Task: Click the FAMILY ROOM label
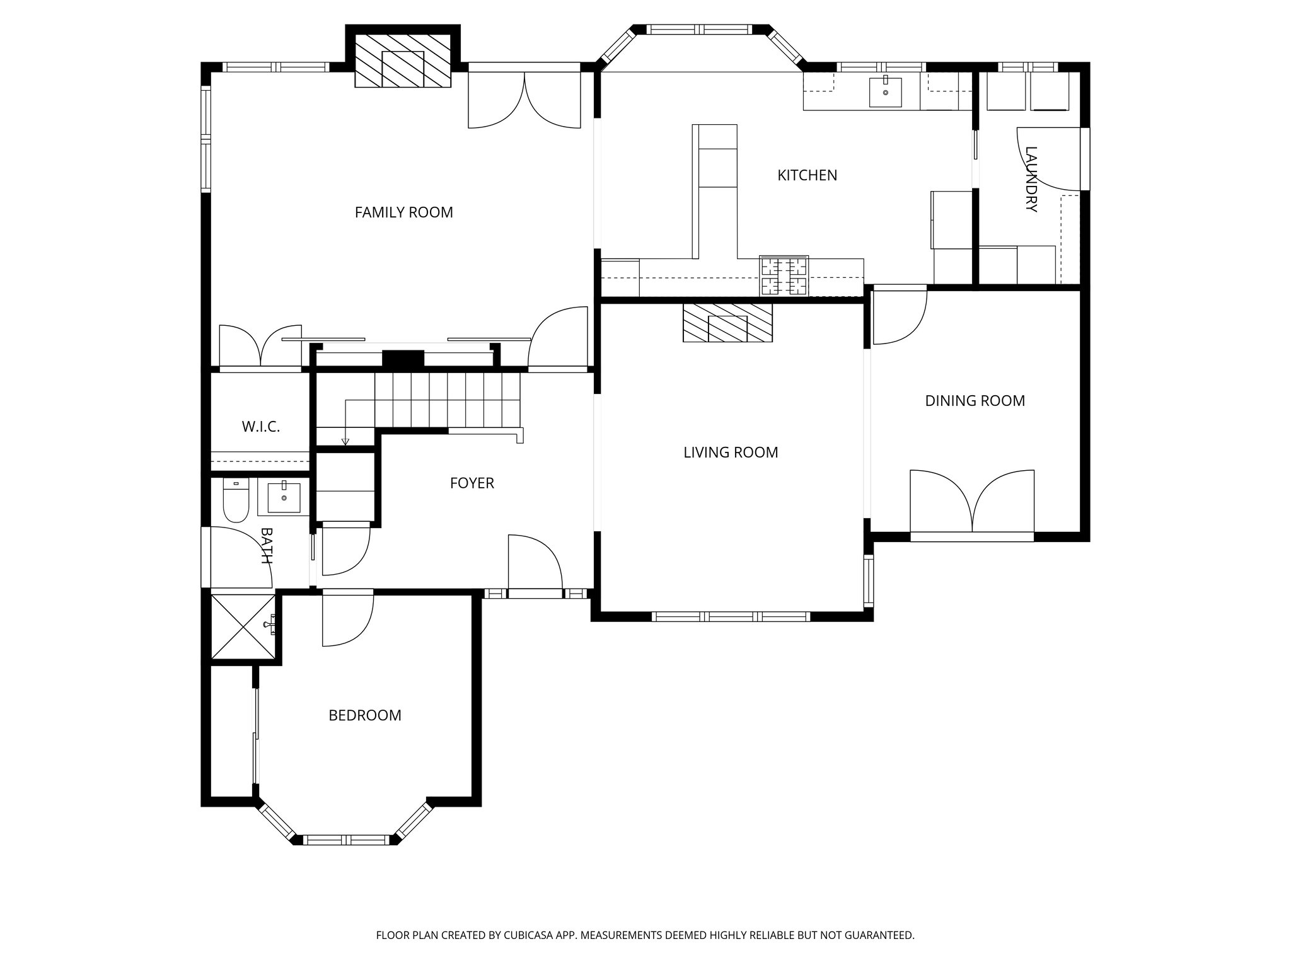[403, 212]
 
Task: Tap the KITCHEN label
[807, 175]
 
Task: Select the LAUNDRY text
[1031, 180]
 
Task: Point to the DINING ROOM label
[975, 401]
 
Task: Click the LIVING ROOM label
[731, 452]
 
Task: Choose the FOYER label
[472, 483]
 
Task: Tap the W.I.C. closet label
[260, 427]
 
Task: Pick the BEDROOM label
[365, 715]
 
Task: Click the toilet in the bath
[236, 502]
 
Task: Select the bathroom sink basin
[284, 497]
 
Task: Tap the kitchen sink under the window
[885, 93]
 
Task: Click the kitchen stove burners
[784, 276]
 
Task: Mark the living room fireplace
[727, 323]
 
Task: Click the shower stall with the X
[243, 626]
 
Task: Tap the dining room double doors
[972, 504]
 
